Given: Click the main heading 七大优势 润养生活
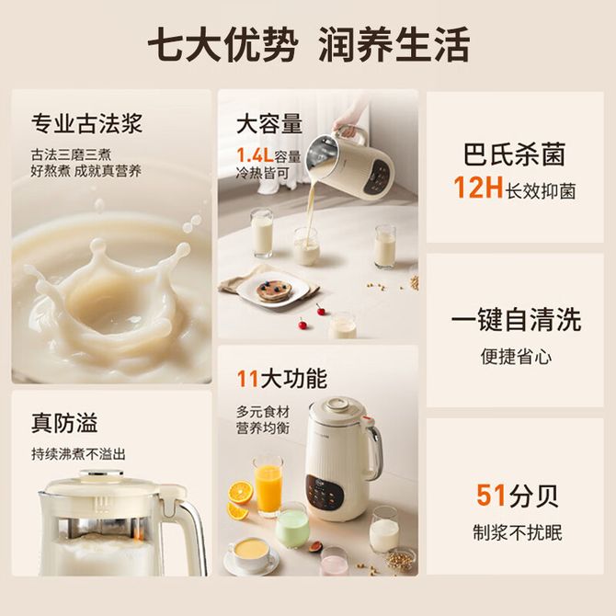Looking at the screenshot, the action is click(x=308, y=44).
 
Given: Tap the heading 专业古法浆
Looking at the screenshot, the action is click(x=86, y=123).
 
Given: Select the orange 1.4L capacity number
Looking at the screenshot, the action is click(x=255, y=155).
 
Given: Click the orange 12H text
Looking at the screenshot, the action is click(x=478, y=187).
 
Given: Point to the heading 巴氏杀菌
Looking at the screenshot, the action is click(x=515, y=154).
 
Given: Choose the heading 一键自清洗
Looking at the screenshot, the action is click(x=516, y=319).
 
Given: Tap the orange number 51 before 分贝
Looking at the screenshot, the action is click(x=491, y=495).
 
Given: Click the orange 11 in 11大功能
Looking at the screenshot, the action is click(x=247, y=379).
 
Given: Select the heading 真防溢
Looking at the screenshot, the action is click(x=64, y=423).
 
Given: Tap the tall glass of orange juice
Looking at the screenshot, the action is click(x=268, y=486).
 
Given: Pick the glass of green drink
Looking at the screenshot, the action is click(x=291, y=525).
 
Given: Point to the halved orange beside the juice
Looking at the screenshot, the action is click(x=240, y=492).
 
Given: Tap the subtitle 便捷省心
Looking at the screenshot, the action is click(x=516, y=357).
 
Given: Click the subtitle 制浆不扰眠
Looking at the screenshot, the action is click(x=518, y=532).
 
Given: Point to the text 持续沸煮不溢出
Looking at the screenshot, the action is click(x=78, y=454).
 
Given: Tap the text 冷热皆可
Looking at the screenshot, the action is click(x=262, y=173).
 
